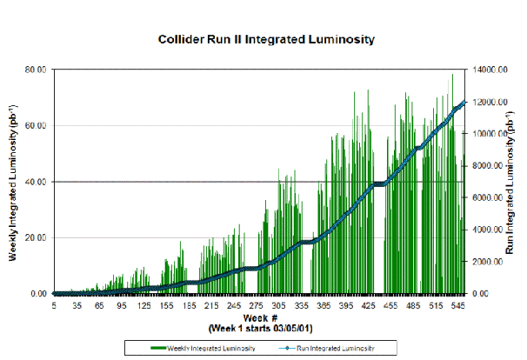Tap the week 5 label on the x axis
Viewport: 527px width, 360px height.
tap(54, 306)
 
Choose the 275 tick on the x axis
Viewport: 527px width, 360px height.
tap(256, 306)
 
